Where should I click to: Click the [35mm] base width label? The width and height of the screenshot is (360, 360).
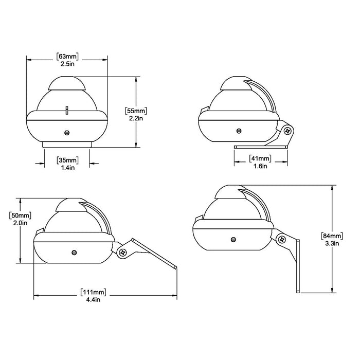click(67, 159)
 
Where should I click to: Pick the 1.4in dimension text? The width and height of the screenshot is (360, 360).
click(67, 168)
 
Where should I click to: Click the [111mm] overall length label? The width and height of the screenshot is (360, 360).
click(93, 292)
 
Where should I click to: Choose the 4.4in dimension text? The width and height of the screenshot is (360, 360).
click(93, 300)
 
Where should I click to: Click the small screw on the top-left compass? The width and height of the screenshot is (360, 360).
click(67, 132)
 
